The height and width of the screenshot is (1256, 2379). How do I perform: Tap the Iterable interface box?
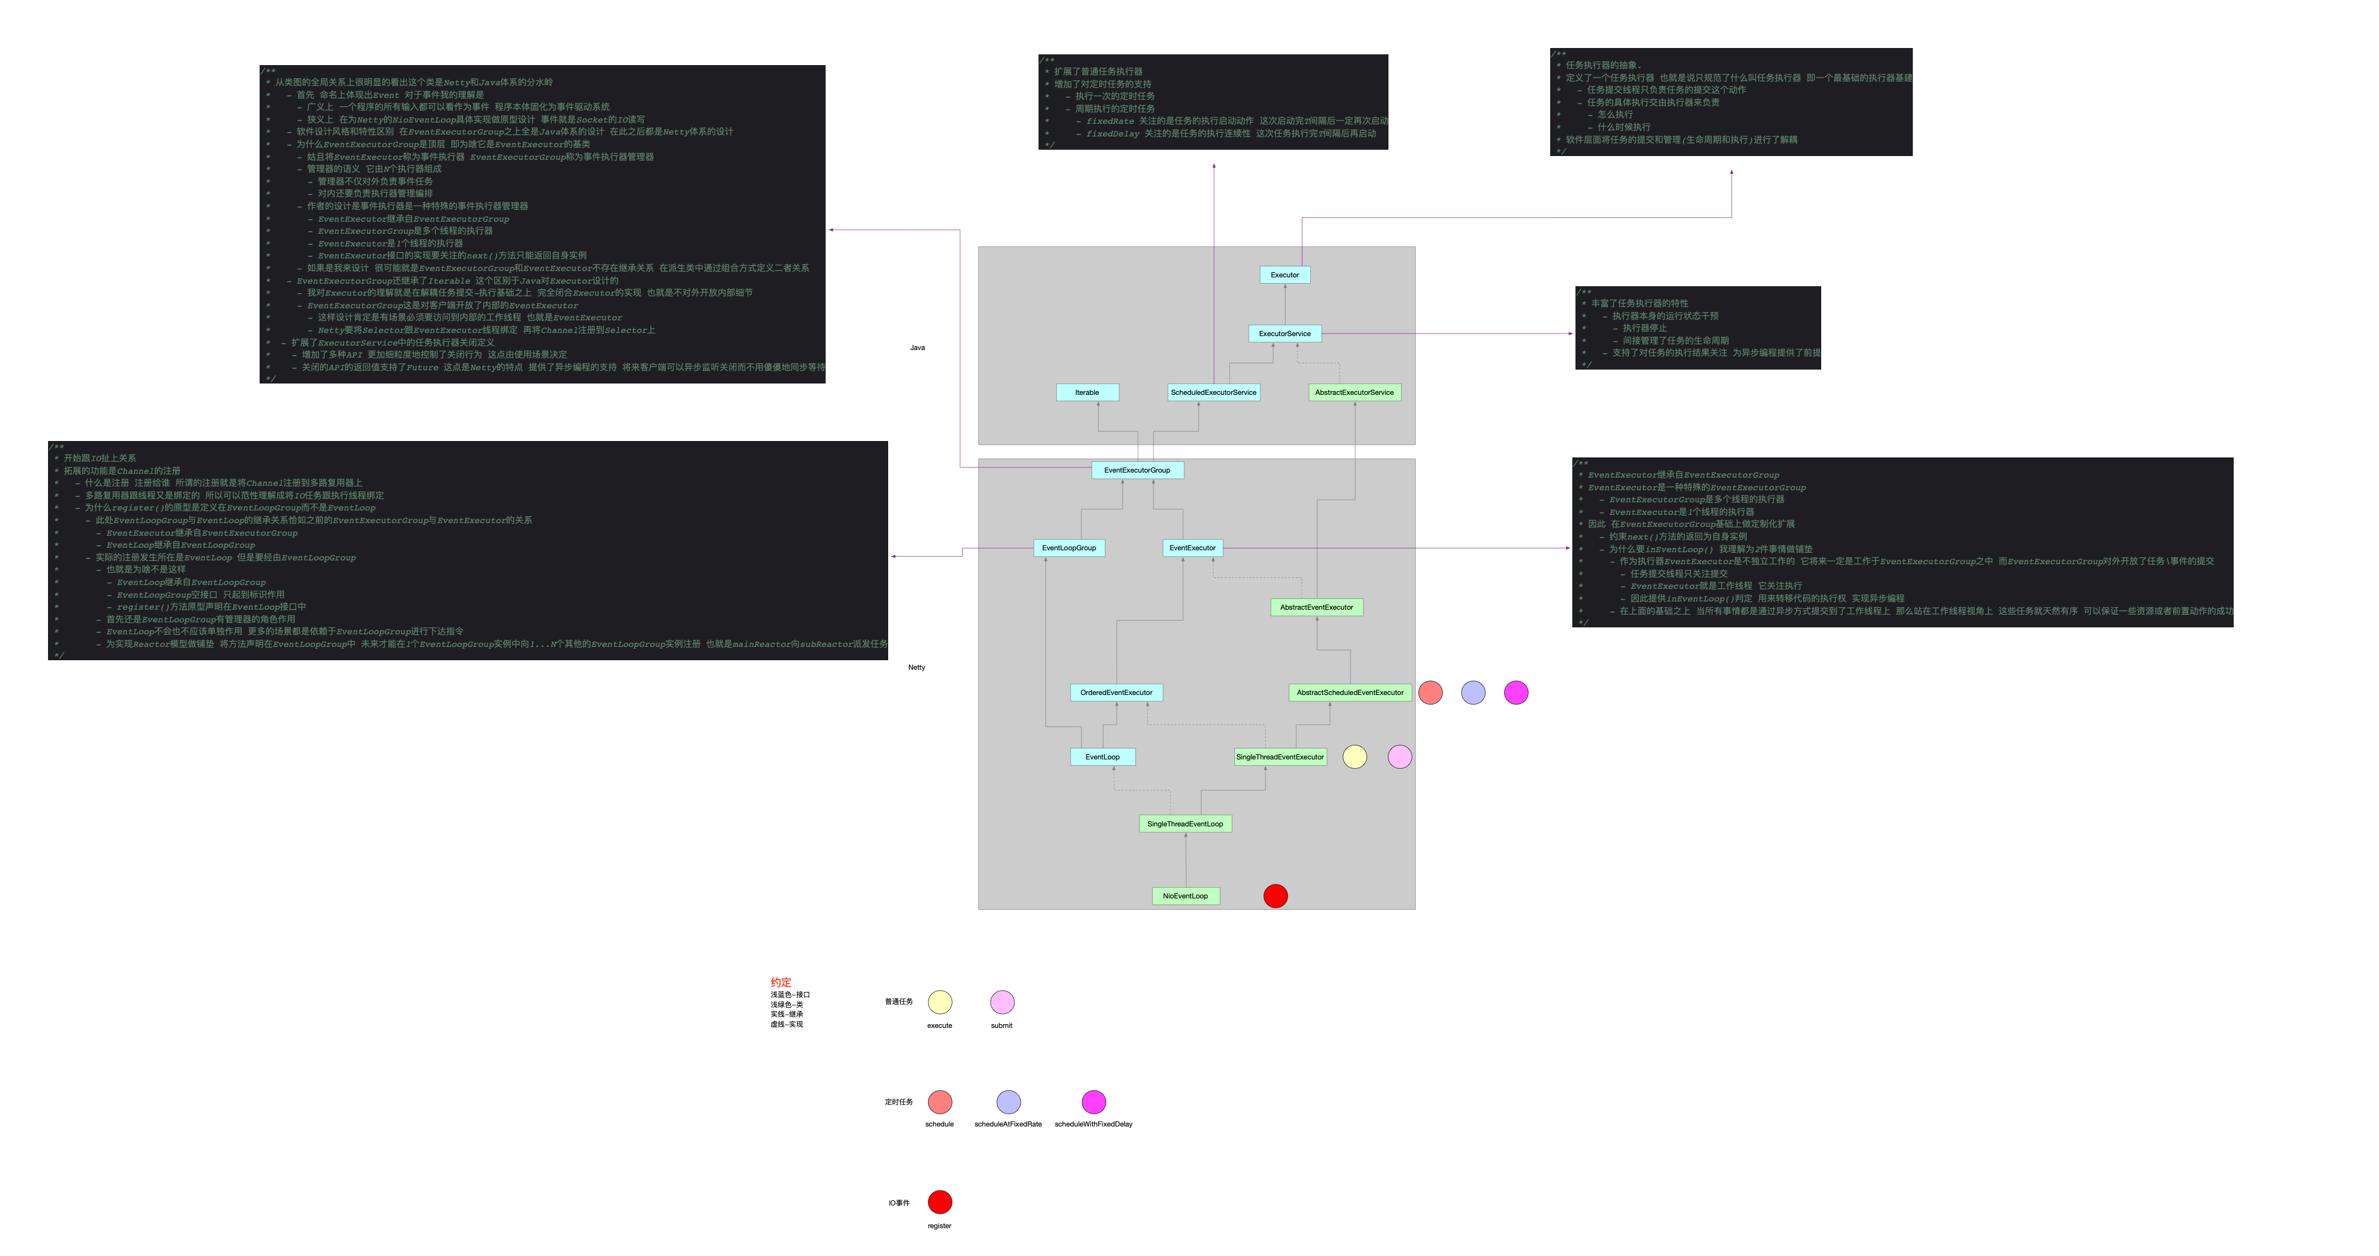(1087, 392)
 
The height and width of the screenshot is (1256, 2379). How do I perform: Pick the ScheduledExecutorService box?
(1214, 392)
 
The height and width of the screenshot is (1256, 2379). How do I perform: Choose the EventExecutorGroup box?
(1137, 470)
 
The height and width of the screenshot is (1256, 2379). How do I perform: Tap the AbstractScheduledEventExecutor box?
(1349, 692)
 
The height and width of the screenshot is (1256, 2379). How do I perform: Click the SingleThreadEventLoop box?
(1185, 824)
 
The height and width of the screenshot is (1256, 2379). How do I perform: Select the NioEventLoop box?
(1185, 896)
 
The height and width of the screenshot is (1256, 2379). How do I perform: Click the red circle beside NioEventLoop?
(1275, 896)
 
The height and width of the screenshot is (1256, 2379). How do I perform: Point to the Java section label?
(917, 348)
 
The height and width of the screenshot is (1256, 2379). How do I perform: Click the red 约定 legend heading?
(781, 982)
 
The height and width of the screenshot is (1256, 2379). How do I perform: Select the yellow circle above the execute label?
(939, 1002)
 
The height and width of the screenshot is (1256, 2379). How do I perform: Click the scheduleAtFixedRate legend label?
(1008, 1125)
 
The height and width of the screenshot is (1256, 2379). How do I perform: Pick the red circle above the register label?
(939, 1202)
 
